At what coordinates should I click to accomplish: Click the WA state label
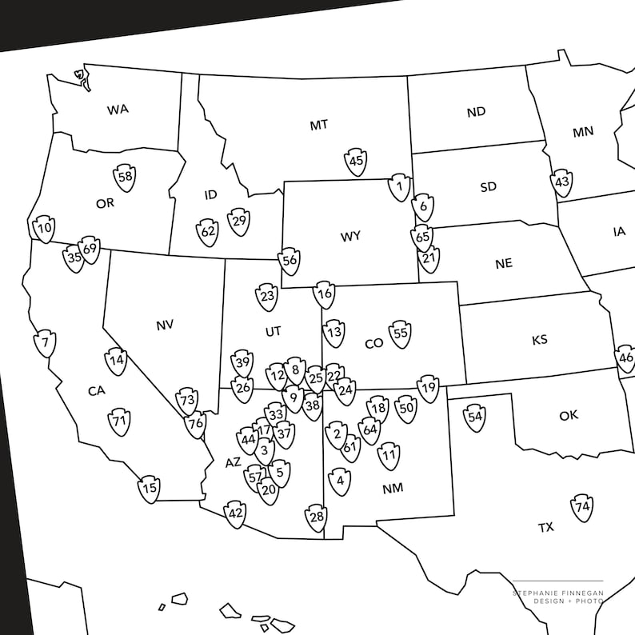click(118, 110)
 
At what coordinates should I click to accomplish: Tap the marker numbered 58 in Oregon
click(124, 178)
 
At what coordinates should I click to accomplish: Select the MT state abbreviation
click(319, 126)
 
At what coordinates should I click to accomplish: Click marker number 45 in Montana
click(357, 162)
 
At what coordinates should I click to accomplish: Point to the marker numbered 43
click(562, 182)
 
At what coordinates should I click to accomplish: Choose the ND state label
click(476, 112)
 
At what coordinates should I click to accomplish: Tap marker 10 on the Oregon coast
click(44, 229)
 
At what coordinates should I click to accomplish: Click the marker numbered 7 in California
click(46, 344)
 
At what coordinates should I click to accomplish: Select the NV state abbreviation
click(165, 325)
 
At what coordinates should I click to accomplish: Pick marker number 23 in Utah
click(267, 297)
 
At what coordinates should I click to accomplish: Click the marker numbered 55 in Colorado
click(400, 333)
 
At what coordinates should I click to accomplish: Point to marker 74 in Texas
click(582, 507)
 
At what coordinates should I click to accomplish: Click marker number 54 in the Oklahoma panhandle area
click(476, 417)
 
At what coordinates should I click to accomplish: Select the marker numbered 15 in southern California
click(149, 489)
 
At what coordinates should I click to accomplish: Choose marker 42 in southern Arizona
click(235, 513)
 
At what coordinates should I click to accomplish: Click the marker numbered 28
click(317, 517)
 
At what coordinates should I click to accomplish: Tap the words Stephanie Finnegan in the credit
click(558, 592)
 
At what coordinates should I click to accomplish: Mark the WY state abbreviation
click(350, 237)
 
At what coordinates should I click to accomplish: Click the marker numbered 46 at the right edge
click(626, 357)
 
